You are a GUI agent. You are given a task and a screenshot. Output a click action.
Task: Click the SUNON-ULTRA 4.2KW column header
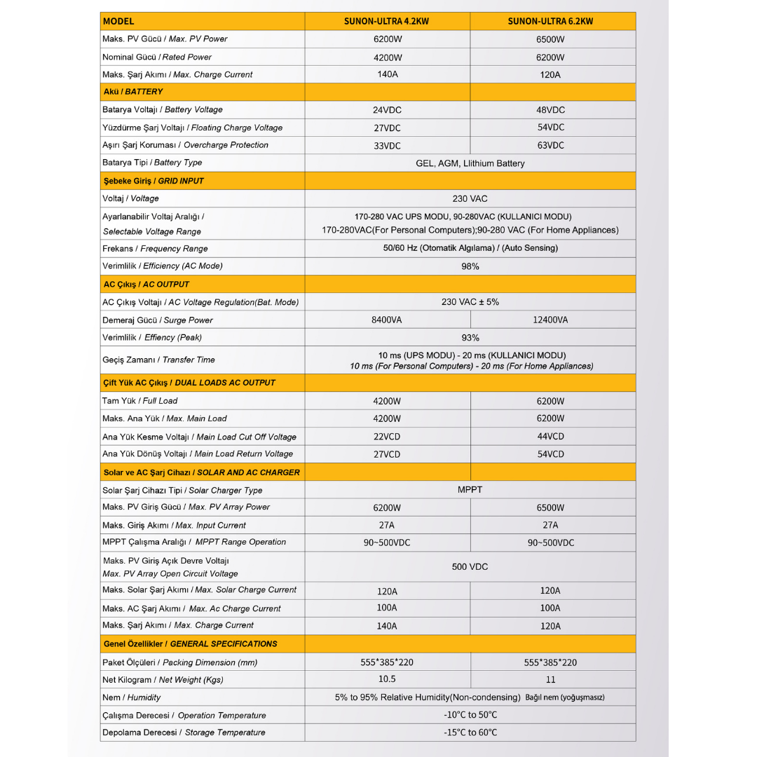pos(387,21)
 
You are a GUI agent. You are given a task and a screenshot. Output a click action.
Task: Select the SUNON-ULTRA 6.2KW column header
pos(550,21)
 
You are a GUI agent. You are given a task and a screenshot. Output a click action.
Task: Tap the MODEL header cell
pos(118,21)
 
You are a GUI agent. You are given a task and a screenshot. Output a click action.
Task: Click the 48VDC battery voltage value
pos(550,110)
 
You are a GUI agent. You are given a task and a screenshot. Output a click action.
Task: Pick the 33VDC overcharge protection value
pos(387,146)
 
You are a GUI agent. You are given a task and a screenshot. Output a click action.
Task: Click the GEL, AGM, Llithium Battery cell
pos(470,163)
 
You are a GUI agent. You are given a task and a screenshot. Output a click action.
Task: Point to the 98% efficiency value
pos(470,266)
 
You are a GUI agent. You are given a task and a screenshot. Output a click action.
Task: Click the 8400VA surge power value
pos(387,320)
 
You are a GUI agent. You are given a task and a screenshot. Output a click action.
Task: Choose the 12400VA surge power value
pos(550,320)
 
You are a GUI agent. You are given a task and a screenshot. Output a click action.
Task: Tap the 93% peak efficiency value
pos(470,338)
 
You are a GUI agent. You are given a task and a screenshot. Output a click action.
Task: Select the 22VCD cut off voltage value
pos(387,437)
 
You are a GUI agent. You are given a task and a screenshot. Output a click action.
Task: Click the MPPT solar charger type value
pos(470,490)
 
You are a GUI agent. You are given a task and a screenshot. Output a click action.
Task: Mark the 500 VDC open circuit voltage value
pos(470,566)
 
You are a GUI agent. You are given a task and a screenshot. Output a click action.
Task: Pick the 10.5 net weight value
pos(387,679)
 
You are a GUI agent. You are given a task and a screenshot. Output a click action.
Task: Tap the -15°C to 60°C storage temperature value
pos(470,732)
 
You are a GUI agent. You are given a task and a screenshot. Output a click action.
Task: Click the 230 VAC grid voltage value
pos(470,199)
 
